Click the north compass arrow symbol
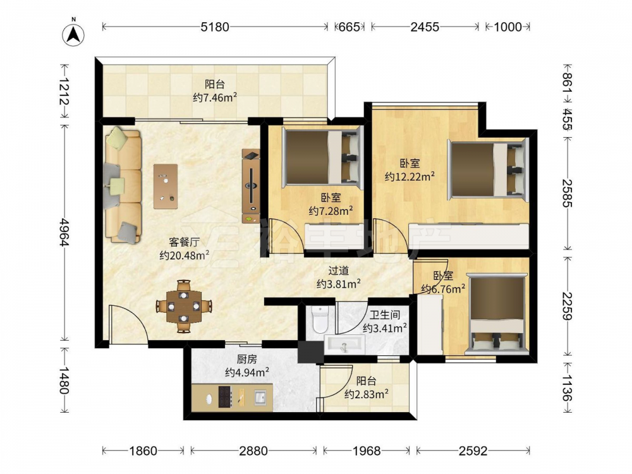point(73,34)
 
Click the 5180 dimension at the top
point(215,27)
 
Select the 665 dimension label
point(349,27)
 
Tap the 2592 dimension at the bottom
point(473,451)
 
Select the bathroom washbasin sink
point(344,345)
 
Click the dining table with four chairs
point(184,307)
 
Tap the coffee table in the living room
point(165,186)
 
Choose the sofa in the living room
point(123,185)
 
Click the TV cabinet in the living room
point(251,186)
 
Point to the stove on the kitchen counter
point(226,397)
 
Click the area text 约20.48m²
point(184,255)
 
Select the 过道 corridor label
point(337,271)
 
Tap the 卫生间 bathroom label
point(384,315)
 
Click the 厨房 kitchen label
point(246,359)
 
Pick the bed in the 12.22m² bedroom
point(488,169)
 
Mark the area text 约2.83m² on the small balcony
point(367,394)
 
